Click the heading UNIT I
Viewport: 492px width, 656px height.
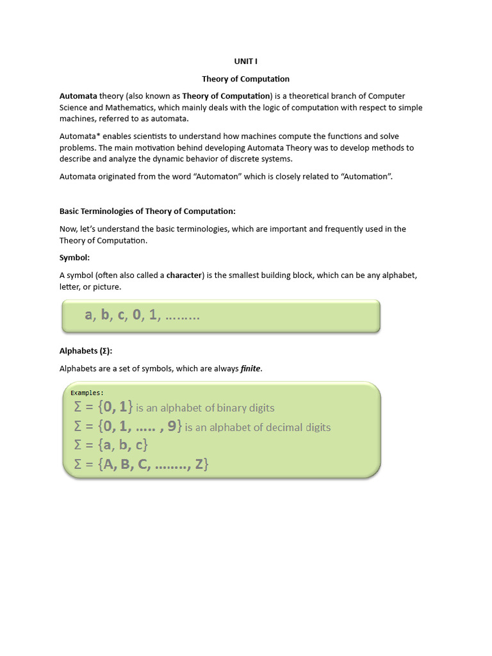(245, 61)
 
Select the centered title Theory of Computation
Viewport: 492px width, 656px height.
(245, 79)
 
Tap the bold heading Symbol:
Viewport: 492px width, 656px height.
(75, 258)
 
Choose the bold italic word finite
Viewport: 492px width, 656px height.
(250, 368)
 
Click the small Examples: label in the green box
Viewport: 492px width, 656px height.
(86, 393)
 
